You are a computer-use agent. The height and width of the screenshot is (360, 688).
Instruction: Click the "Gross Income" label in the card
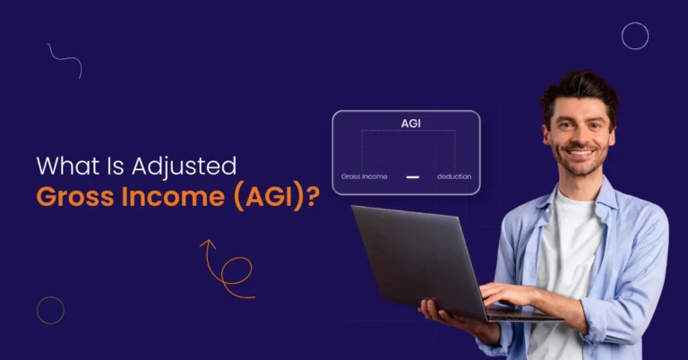tap(365, 176)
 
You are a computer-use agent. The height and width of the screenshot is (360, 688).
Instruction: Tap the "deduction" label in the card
tap(453, 176)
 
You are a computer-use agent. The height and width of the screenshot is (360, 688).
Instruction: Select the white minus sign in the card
tap(412, 176)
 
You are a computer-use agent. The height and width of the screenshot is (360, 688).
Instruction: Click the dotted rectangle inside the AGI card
tap(408, 150)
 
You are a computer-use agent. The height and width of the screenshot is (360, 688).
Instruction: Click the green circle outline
tap(50, 310)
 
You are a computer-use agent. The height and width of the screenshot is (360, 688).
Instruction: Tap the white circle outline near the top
tap(634, 36)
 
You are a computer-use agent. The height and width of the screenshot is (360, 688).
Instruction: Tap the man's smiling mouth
tap(580, 153)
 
